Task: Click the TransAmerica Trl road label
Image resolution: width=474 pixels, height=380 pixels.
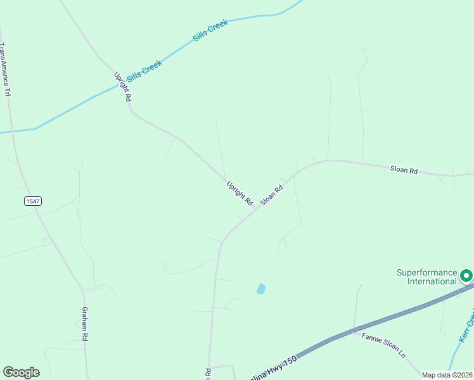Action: point(6,70)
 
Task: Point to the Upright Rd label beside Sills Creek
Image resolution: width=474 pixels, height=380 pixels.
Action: point(122,87)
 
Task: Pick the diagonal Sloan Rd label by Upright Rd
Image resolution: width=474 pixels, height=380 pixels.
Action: point(271,191)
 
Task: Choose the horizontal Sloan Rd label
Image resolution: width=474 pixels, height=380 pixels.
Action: point(404,170)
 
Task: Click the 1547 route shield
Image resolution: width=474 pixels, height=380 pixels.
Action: point(33,201)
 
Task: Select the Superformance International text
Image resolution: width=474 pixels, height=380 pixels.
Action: point(426,277)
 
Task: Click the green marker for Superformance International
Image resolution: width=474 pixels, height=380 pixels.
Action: point(466,275)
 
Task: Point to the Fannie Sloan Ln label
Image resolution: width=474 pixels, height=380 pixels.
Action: point(383,346)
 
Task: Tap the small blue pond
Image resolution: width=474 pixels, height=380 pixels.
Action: point(260,289)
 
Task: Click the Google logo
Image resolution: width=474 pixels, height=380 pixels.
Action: point(21,372)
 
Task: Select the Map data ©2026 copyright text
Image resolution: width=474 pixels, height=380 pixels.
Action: point(447,375)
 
